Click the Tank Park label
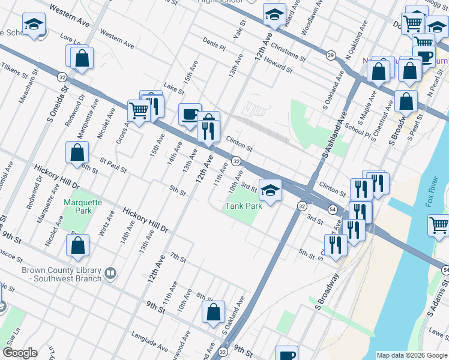point(244,206)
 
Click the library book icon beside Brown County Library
point(110,274)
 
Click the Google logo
point(19,353)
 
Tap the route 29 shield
point(331,55)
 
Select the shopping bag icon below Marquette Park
point(78,245)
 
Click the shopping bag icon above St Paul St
point(77,152)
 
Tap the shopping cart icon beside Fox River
point(439,226)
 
